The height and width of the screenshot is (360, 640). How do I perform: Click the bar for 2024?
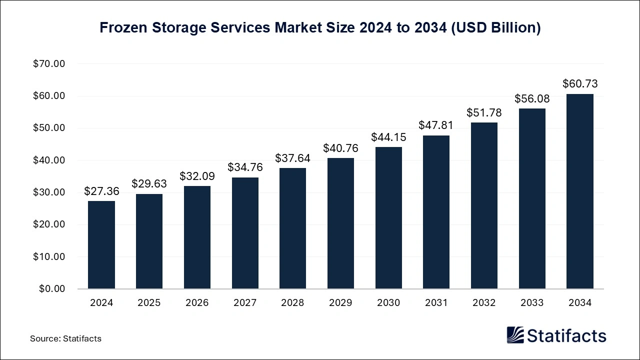click(x=101, y=245)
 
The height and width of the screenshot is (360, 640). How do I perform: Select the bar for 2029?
click(x=340, y=223)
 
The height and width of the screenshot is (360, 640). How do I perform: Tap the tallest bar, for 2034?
click(x=580, y=191)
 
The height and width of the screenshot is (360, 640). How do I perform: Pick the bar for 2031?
click(x=436, y=212)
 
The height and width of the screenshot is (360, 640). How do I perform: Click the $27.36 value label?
click(x=101, y=191)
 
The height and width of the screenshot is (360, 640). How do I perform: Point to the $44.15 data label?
click(x=388, y=137)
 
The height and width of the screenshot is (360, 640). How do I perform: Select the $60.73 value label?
click(x=580, y=83)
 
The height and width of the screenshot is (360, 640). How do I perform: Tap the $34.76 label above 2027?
click(x=245, y=167)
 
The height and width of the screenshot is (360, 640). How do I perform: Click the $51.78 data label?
click(x=484, y=112)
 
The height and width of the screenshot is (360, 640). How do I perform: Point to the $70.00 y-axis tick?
click(x=49, y=64)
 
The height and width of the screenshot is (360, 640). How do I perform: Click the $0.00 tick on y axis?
click(x=51, y=289)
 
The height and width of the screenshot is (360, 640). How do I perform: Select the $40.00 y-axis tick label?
click(x=49, y=160)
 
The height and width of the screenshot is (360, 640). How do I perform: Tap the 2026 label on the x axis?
click(x=197, y=303)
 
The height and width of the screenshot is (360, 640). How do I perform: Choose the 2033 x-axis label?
click(x=532, y=303)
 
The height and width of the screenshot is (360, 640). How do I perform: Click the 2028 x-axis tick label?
click(x=293, y=303)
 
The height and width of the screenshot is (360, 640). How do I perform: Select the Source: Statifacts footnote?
click(x=65, y=338)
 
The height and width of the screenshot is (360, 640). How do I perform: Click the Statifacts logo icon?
click(x=515, y=335)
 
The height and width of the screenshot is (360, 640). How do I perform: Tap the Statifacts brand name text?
click(x=566, y=335)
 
